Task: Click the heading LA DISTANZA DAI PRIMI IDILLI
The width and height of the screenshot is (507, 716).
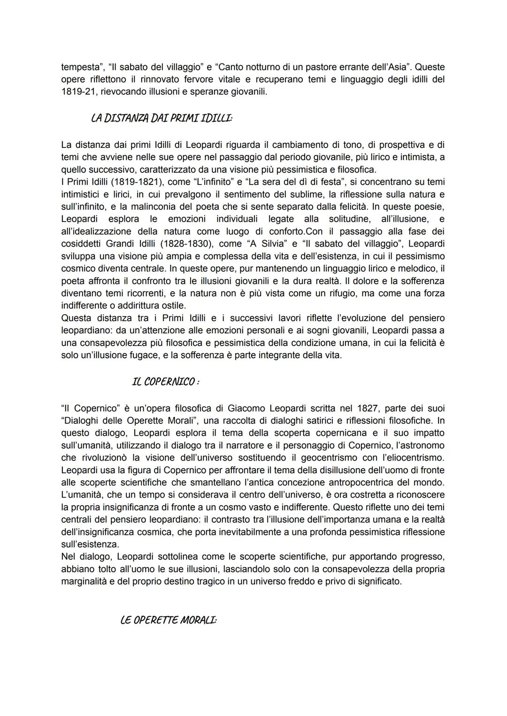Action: tap(161, 118)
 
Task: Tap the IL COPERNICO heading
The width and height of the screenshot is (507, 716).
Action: tap(166, 382)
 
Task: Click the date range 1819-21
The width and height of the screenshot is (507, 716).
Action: tap(79, 92)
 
